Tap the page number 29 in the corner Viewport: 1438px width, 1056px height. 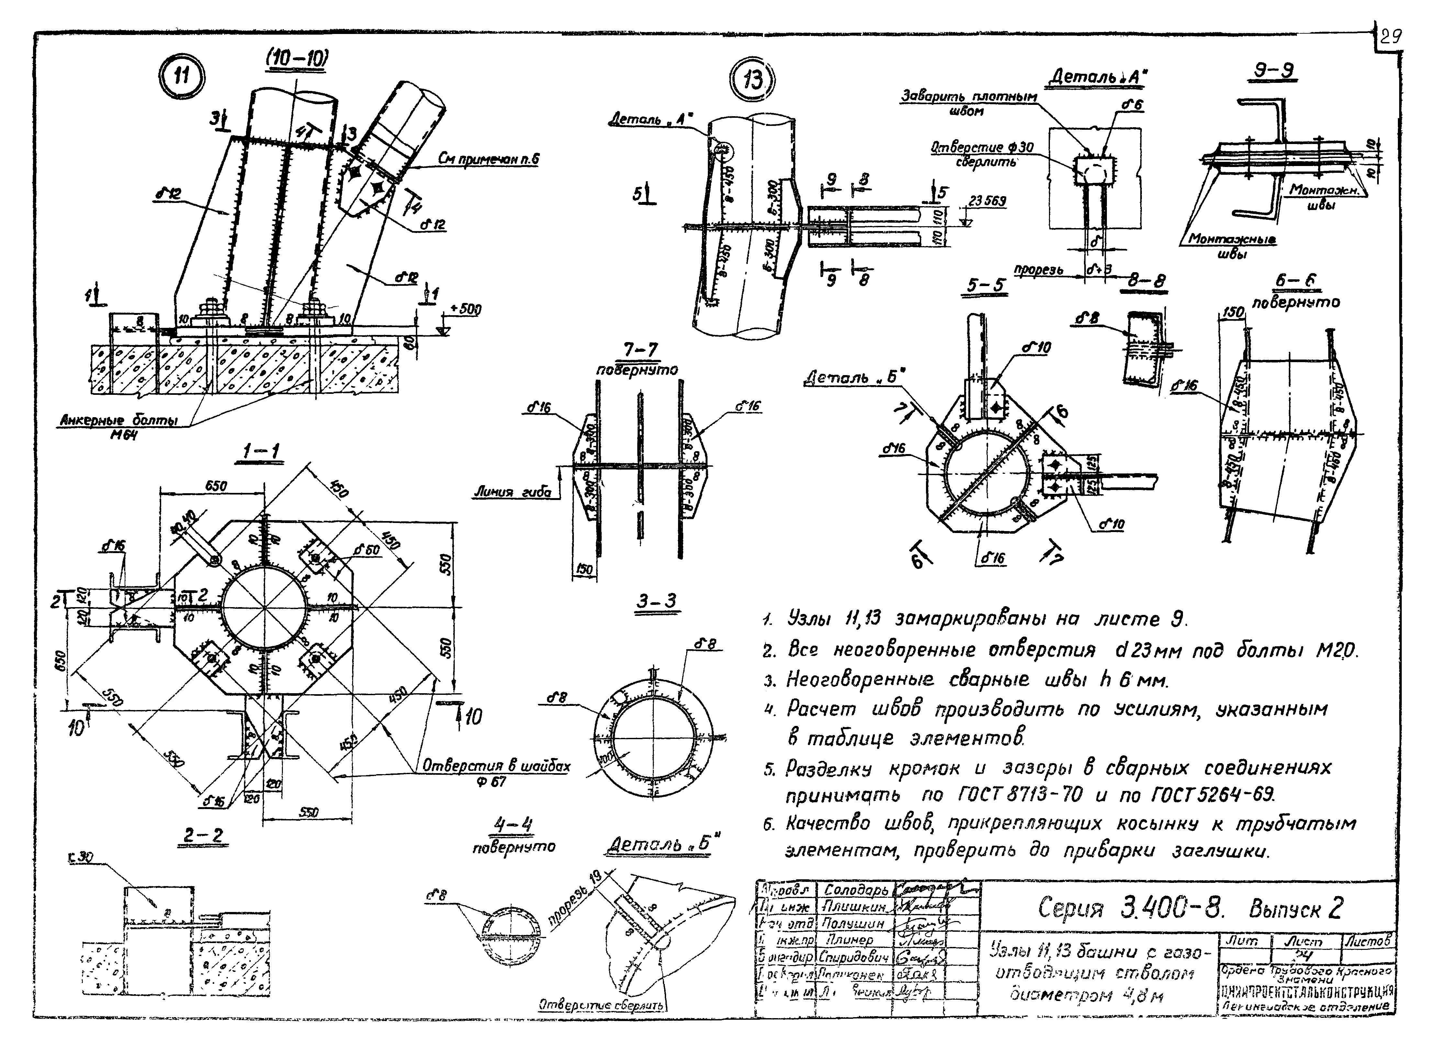point(1390,37)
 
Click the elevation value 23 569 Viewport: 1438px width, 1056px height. point(987,201)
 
